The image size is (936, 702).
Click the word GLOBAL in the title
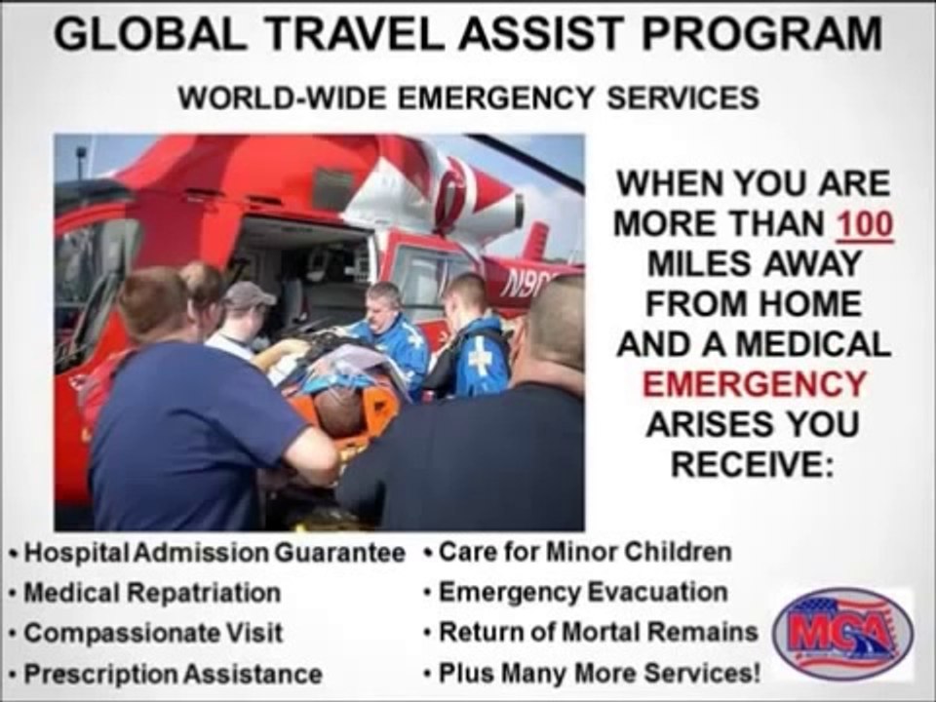coord(150,34)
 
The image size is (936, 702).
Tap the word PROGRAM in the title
coord(761,34)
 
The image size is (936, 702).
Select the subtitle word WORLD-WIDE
coord(282,97)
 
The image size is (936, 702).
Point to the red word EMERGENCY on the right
coord(754,383)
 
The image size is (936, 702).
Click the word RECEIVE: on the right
coord(752,464)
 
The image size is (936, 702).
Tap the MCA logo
coord(842,635)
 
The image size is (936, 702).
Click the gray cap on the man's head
coord(248,294)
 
